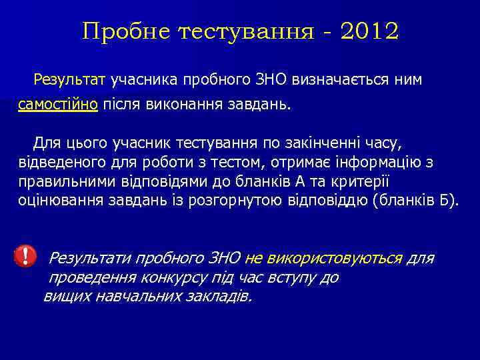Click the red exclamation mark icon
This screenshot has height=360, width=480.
[25, 255]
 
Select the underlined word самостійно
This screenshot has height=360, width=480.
[58, 105]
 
